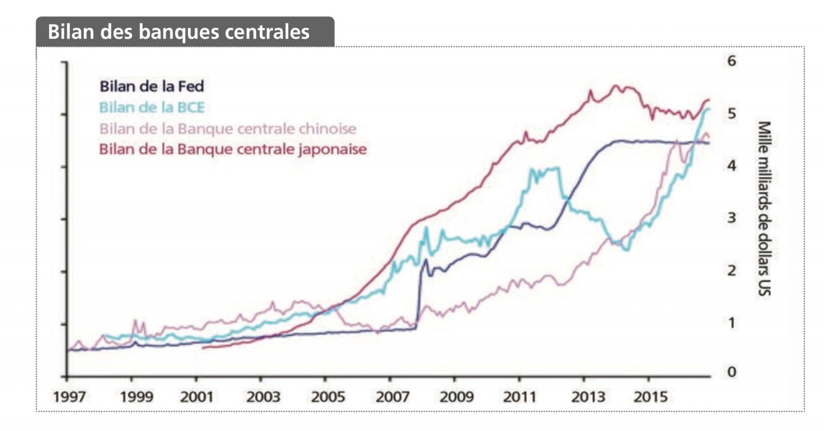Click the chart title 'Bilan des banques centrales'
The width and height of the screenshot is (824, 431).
pyautogui.click(x=178, y=32)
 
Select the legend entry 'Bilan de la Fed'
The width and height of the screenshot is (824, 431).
pyautogui.click(x=151, y=86)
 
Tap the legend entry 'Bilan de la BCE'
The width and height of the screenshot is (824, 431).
pyautogui.click(x=151, y=107)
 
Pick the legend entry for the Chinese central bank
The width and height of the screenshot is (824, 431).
pyautogui.click(x=227, y=129)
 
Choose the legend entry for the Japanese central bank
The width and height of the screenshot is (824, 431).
pyautogui.click(x=232, y=149)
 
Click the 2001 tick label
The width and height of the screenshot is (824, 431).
pyautogui.click(x=196, y=397)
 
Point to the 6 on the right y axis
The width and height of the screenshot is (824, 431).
pyautogui.click(x=731, y=61)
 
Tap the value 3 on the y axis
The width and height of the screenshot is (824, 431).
pyautogui.click(x=731, y=218)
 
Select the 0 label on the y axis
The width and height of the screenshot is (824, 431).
pyautogui.click(x=731, y=371)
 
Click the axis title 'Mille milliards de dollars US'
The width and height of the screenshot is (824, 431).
pyautogui.click(x=764, y=208)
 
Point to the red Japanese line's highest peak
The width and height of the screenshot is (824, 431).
pyautogui.click(x=615, y=86)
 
